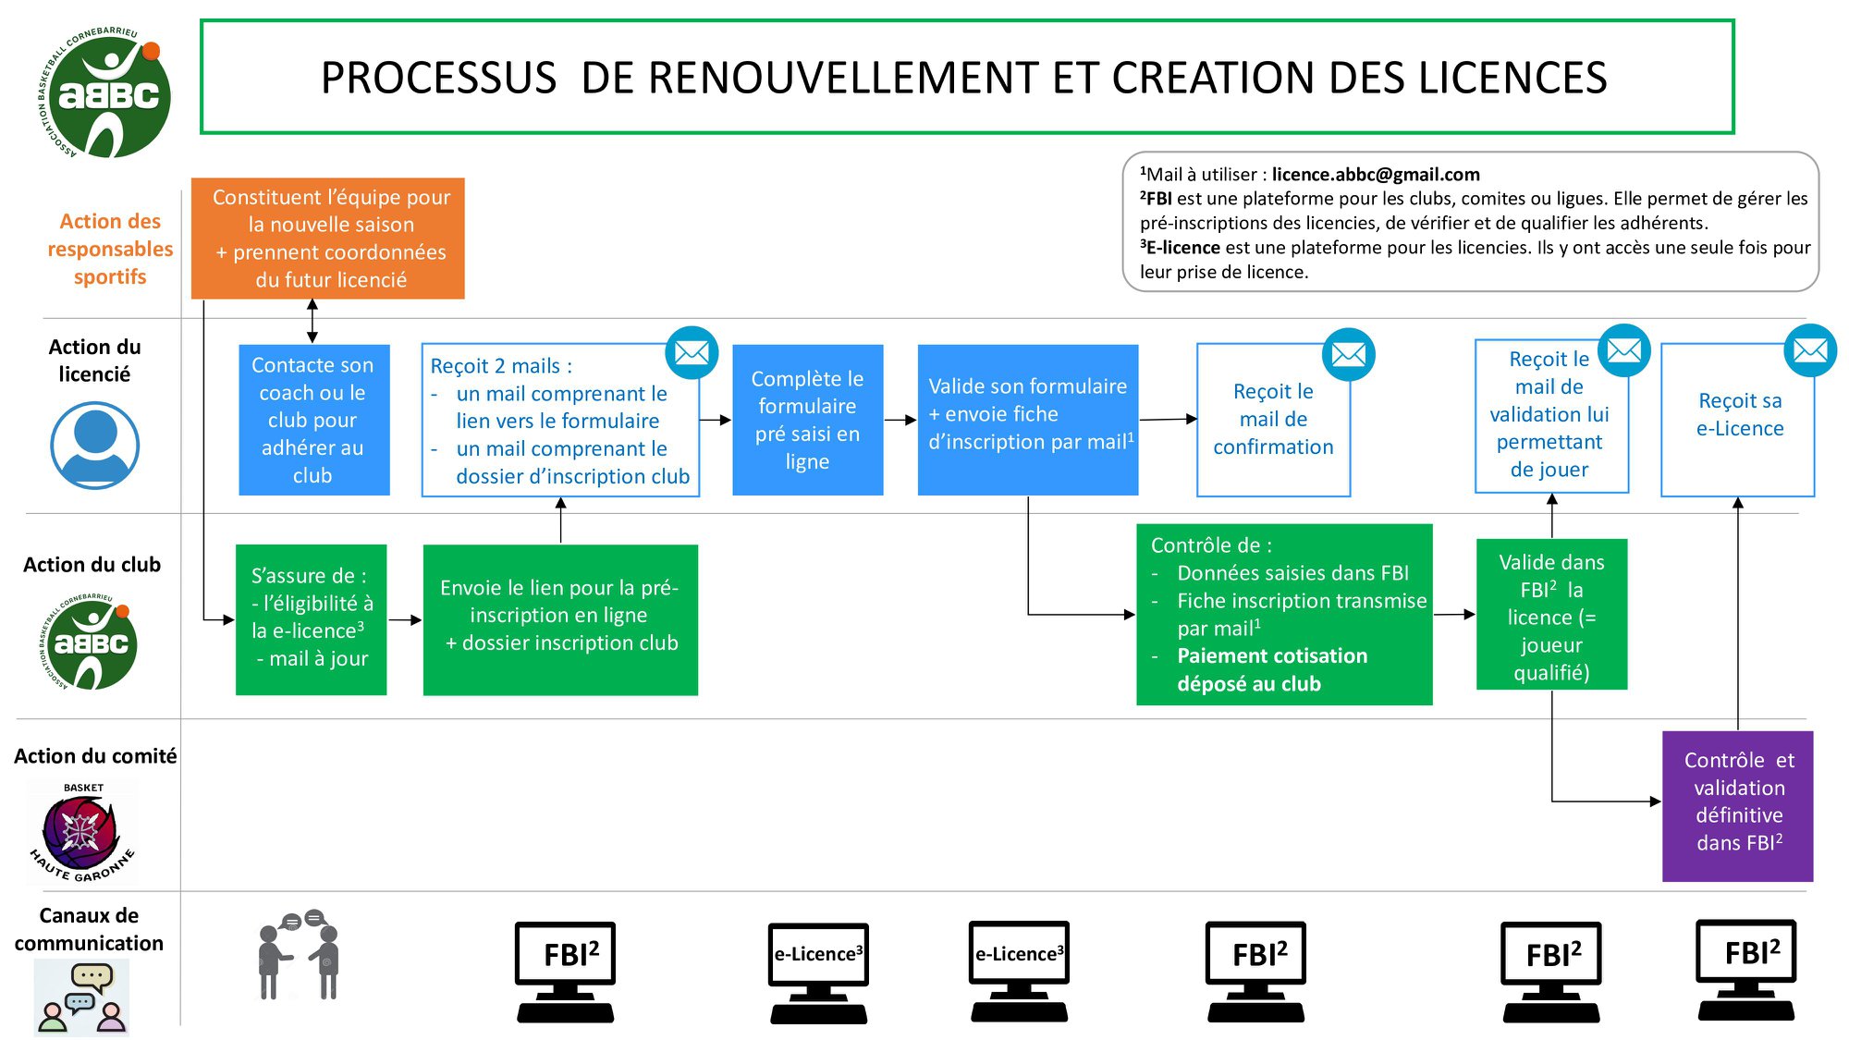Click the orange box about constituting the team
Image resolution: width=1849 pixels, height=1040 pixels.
pyautogui.click(x=327, y=238)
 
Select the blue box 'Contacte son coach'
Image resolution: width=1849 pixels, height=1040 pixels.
pyautogui.click(x=313, y=420)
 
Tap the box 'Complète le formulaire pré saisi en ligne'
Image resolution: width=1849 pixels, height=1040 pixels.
pyautogui.click(x=807, y=420)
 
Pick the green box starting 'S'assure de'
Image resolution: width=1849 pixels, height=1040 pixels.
pyautogui.click(x=311, y=618)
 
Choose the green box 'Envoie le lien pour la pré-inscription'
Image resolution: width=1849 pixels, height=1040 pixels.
pyautogui.click(x=560, y=618)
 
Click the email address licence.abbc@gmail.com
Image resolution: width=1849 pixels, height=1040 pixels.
pyautogui.click(x=1375, y=175)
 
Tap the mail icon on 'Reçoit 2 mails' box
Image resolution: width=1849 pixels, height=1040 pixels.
pyautogui.click(x=692, y=352)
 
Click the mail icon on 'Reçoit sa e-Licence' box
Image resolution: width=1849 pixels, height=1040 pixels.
pyautogui.click(x=1809, y=350)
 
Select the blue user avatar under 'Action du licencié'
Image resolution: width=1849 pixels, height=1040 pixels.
pyautogui.click(x=94, y=445)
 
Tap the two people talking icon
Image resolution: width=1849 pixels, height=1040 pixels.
pyautogui.click(x=299, y=955)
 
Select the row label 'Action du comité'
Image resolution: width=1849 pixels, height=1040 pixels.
pyautogui.click(x=95, y=756)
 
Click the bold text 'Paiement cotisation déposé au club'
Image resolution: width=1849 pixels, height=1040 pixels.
pyautogui.click(x=1271, y=669)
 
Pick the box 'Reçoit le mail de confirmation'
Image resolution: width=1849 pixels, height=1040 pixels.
pyautogui.click(x=1273, y=420)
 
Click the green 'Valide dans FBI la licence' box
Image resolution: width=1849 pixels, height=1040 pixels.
pyautogui.click(x=1551, y=616)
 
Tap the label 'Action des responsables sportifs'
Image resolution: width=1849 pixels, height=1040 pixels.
pyautogui.click(x=110, y=249)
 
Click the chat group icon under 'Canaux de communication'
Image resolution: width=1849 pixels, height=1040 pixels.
pyautogui.click(x=81, y=997)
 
